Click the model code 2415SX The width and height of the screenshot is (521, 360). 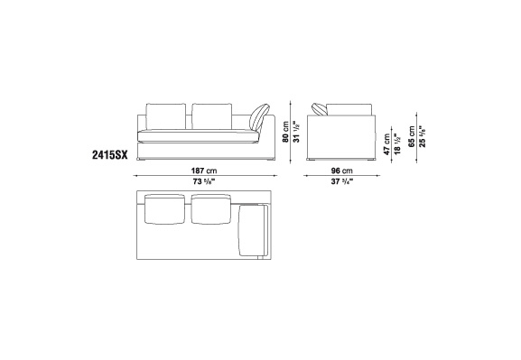point(109,155)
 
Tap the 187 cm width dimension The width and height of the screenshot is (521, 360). point(204,171)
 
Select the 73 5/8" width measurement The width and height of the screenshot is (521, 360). point(204,181)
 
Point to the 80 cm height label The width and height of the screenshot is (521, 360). point(285,132)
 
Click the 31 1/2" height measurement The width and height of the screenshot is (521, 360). point(297,132)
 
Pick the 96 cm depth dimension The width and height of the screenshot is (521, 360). point(341,171)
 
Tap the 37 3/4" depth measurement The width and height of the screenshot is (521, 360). point(341,181)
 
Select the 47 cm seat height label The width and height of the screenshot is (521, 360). point(386,144)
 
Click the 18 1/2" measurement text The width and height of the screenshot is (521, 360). point(397,143)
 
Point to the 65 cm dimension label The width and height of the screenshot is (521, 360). point(412,136)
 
